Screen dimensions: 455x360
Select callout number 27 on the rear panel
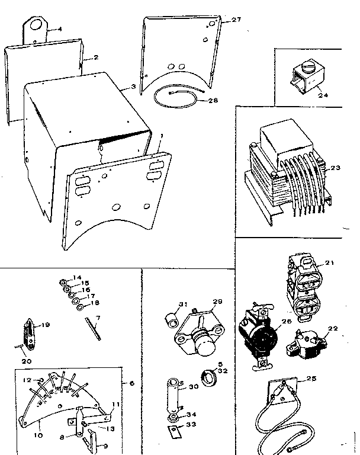click(236, 20)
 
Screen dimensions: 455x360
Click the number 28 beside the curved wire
click(213, 101)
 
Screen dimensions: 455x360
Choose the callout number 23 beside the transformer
click(336, 168)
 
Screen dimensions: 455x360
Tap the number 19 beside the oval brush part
click(46, 325)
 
